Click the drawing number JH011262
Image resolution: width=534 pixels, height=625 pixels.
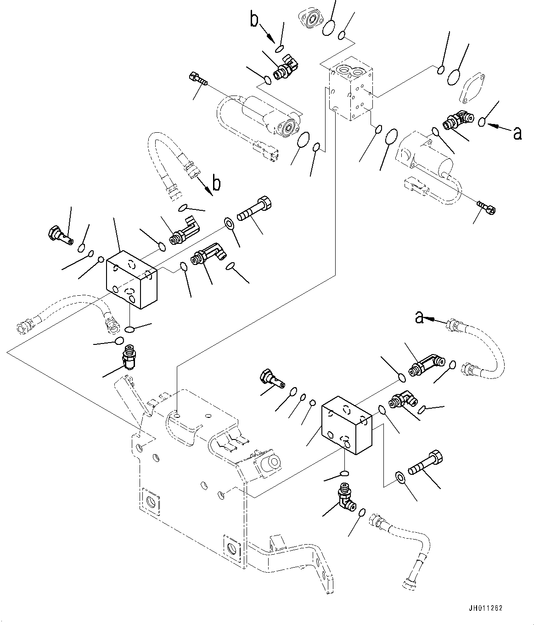click(x=486, y=608)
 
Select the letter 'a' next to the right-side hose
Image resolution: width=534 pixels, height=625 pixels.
click(x=419, y=317)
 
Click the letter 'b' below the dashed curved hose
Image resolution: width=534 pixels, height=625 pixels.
click(x=216, y=183)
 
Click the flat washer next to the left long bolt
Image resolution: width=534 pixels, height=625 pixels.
click(x=228, y=224)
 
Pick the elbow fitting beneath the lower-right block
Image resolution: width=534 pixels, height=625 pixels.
click(x=346, y=499)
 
